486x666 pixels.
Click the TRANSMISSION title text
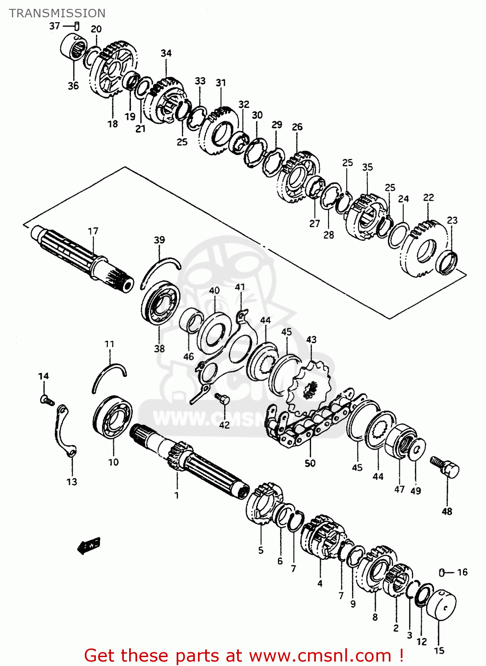pos(57,13)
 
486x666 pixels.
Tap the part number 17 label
pos(93,231)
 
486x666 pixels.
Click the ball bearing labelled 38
pos(160,303)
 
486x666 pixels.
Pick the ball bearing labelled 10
pos(113,416)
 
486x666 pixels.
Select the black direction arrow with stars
pos(89,545)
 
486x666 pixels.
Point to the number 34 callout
pos(166,53)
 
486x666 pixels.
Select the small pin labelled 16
pos(442,572)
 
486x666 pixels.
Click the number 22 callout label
pos(428,197)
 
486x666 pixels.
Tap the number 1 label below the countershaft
pos(176,495)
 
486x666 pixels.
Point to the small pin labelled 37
pos(77,26)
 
